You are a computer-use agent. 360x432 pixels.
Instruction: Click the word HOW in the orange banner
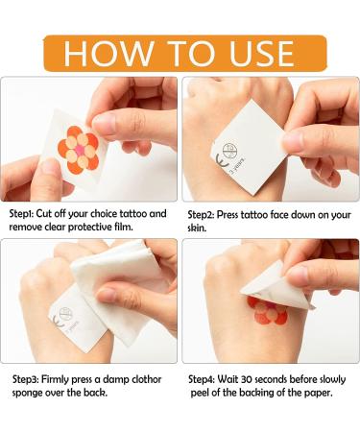tap(108, 53)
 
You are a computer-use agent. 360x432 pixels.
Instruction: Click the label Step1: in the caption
tap(21, 214)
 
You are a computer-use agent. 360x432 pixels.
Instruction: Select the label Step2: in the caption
tap(201, 214)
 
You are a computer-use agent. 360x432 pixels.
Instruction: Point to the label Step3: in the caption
tap(26, 380)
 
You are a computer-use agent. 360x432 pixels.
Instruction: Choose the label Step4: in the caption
tap(202, 380)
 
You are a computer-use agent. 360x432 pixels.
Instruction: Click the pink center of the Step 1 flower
tap(80, 150)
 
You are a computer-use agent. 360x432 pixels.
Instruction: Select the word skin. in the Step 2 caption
tap(197, 228)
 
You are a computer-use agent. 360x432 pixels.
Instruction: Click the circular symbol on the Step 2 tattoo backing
tap(229, 151)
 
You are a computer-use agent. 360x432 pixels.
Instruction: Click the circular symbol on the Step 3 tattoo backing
tap(65, 313)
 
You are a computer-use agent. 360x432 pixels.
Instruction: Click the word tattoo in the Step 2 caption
tap(254, 214)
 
